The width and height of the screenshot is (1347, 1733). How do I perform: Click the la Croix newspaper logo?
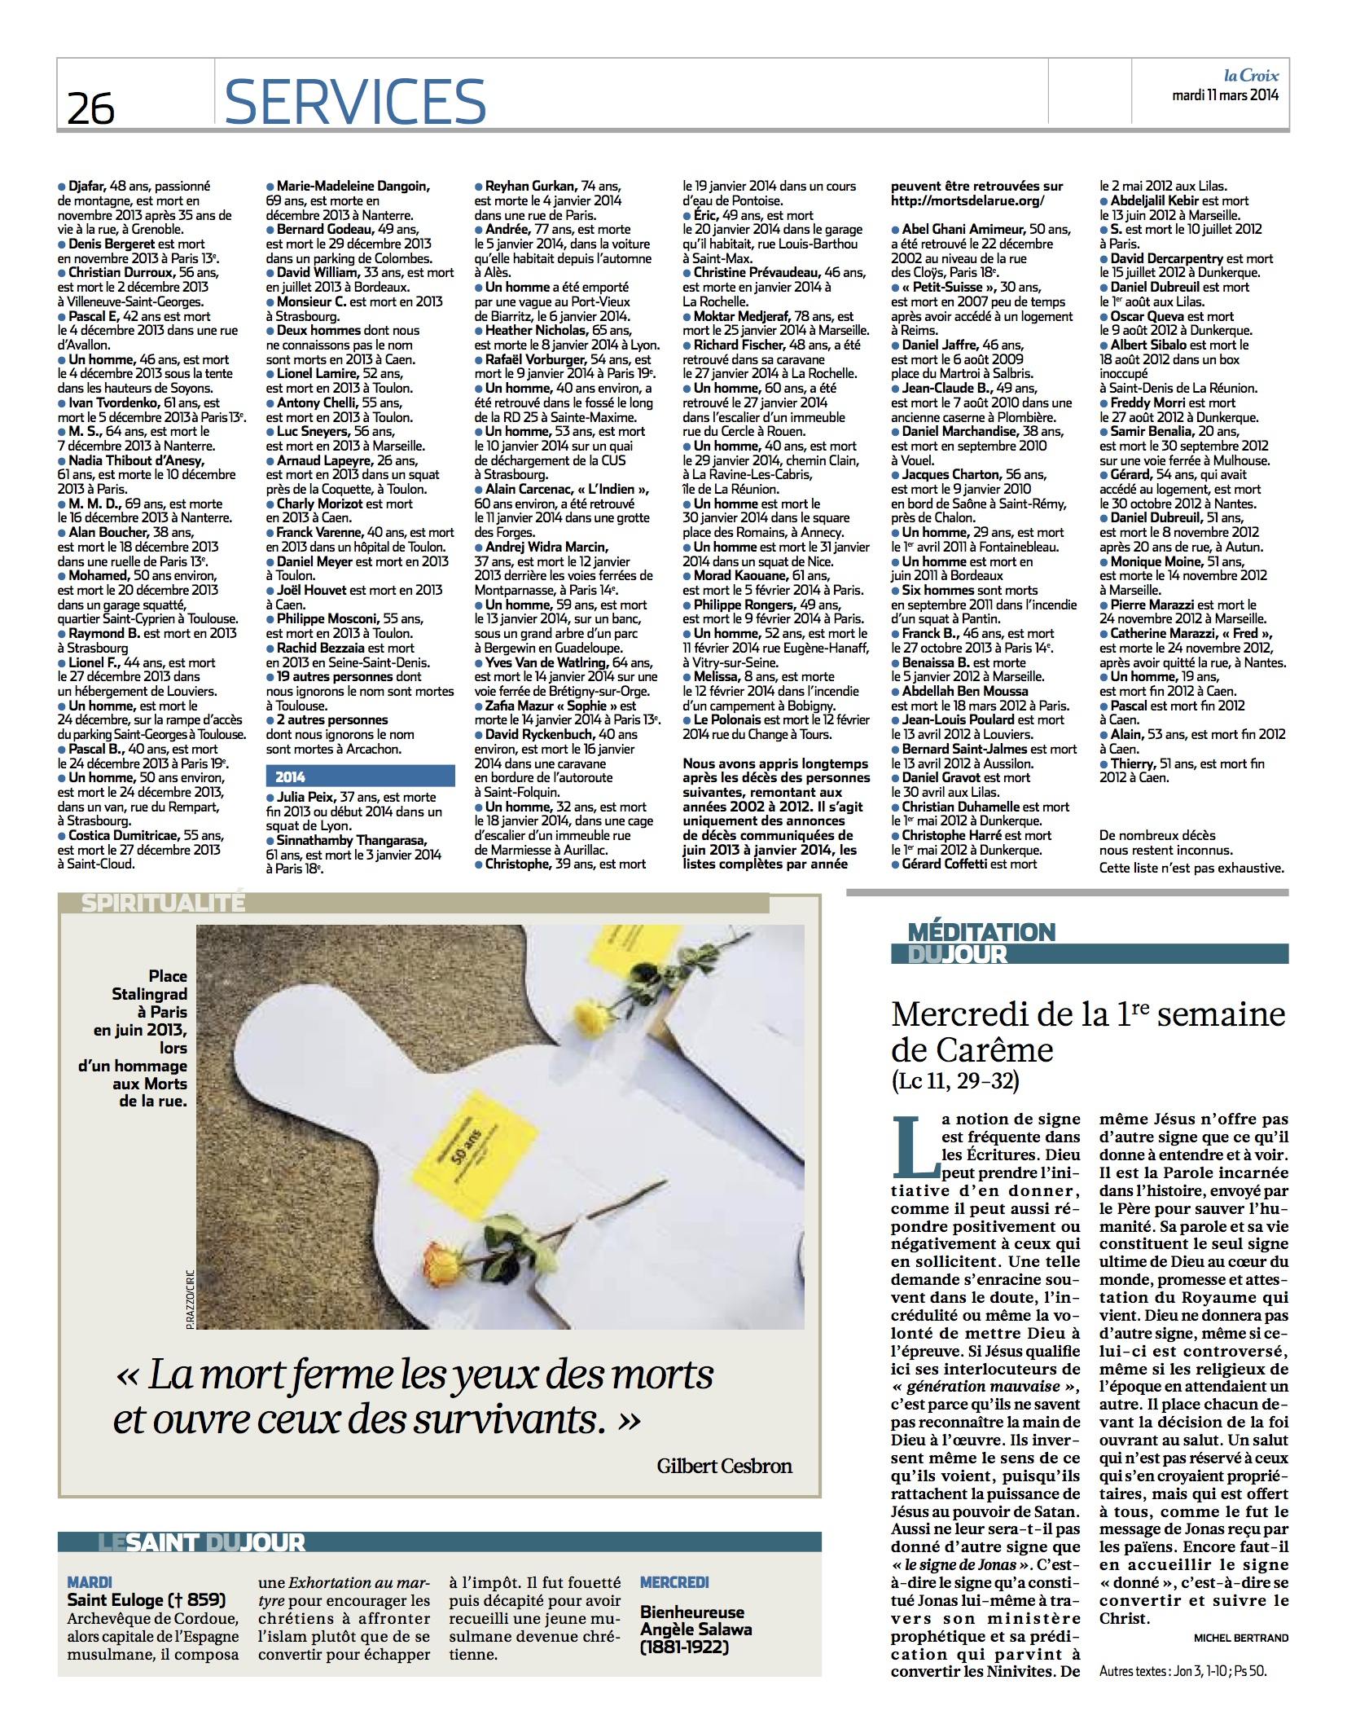[x=1250, y=77]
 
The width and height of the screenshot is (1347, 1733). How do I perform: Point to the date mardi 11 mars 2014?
[x=1225, y=95]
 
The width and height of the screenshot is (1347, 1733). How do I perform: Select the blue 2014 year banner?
[x=360, y=776]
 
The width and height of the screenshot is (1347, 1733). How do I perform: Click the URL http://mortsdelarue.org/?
[x=967, y=200]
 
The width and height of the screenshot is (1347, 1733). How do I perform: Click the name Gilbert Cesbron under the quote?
[x=724, y=1466]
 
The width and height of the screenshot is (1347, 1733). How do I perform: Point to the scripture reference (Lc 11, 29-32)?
[x=954, y=1081]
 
